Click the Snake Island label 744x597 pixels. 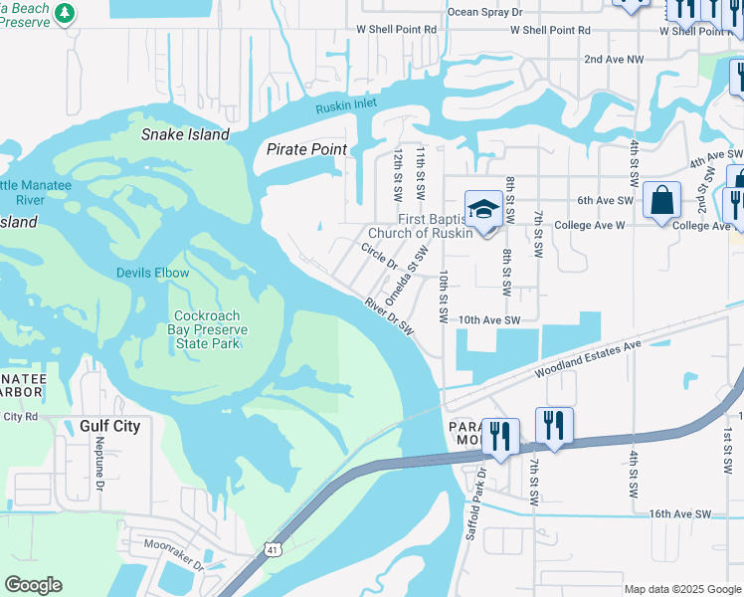(x=185, y=134)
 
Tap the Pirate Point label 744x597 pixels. (x=307, y=149)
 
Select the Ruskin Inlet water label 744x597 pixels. (x=348, y=104)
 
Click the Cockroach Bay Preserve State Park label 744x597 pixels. (x=209, y=329)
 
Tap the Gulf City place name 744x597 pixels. (x=109, y=426)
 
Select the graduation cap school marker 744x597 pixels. (x=483, y=210)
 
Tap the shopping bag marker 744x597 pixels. (x=661, y=201)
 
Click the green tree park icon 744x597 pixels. (x=65, y=13)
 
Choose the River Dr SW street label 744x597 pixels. (x=388, y=316)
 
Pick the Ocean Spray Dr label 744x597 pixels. (x=484, y=12)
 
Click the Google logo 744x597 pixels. (x=33, y=585)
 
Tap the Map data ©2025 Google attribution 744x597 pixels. (x=681, y=589)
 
